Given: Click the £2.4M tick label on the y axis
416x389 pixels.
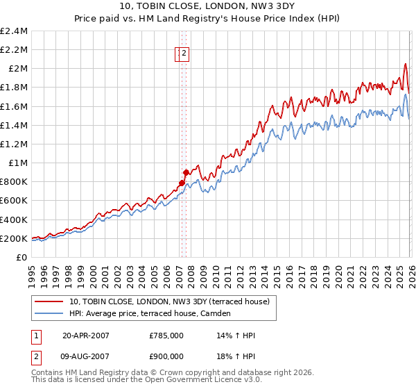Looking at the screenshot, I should (14, 31).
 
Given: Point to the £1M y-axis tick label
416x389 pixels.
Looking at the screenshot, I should (17, 163).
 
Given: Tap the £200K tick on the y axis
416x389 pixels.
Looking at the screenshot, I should (14, 238).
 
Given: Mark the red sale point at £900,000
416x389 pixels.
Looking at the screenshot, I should (186, 172).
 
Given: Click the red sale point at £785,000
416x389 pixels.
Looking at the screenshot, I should (182, 183).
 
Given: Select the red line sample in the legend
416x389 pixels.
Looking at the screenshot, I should (50, 301).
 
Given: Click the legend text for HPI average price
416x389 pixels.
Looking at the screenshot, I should (150, 314).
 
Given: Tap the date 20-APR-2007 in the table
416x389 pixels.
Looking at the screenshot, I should (85, 336).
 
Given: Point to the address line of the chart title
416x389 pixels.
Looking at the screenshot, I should (209, 8).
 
